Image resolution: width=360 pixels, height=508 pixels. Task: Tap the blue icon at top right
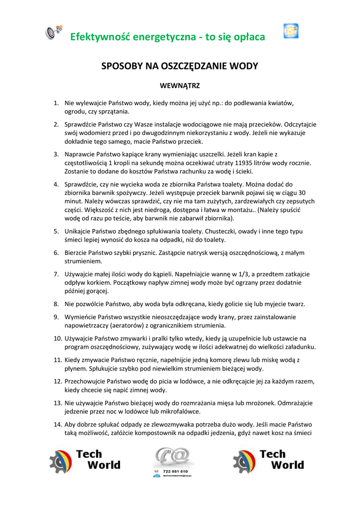pos(290,31)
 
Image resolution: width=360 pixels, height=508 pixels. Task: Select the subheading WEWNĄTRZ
pos(179,86)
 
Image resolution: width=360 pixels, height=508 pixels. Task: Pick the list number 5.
pos(56,231)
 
